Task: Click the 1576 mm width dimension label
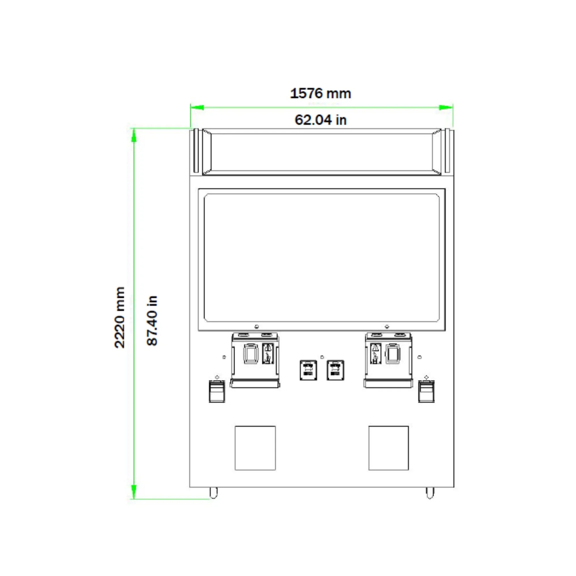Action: pyautogui.click(x=321, y=93)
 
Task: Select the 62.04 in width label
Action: pyautogui.click(x=321, y=120)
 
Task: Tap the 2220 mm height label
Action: pyautogui.click(x=120, y=317)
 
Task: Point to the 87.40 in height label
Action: pyautogui.click(x=152, y=321)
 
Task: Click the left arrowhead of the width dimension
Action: pyautogui.click(x=197, y=107)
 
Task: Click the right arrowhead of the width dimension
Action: pyautogui.click(x=446, y=107)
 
